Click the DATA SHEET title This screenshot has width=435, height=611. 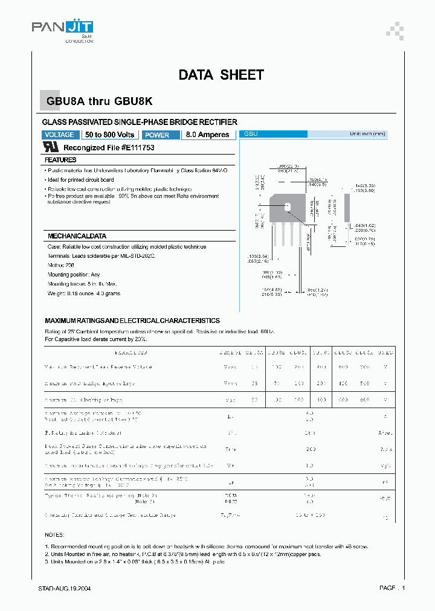coord(221,75)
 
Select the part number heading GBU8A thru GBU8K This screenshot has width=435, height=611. coord(103,102)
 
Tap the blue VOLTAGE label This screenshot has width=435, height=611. coord(60,135)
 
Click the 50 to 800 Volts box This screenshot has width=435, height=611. coord(109,135)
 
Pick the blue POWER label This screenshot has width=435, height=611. coord(159,135)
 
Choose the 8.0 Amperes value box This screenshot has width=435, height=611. coord(207,135)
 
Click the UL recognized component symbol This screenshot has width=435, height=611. coord(51,147)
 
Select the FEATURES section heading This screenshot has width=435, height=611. coord(60,161)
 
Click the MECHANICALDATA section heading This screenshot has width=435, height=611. coord(77,236)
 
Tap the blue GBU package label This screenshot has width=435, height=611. coord(251,134)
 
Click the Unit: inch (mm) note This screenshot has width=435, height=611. coord(367,134)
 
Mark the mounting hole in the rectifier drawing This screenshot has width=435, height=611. coord(288,207)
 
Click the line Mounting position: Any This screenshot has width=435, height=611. coord(74,275)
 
